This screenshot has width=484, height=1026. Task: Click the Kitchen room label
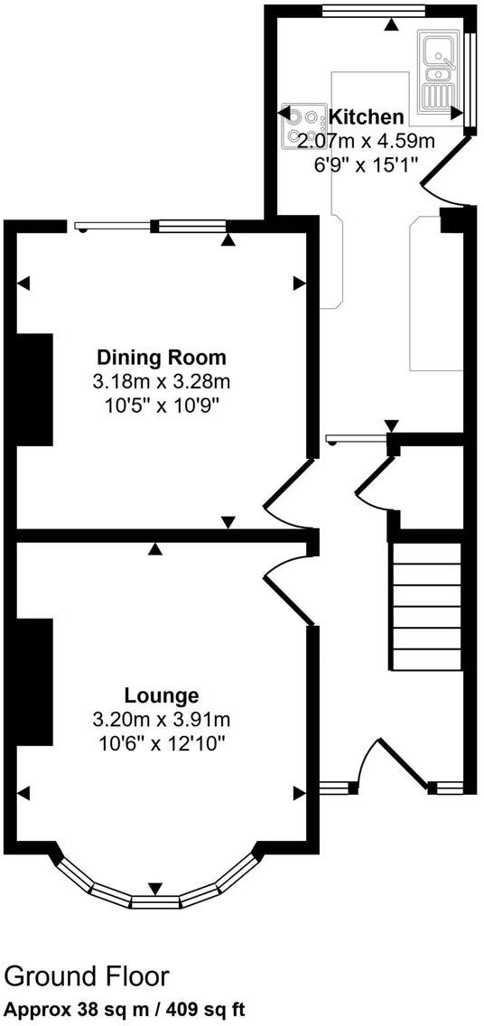click(366, 117)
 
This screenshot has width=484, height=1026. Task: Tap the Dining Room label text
click(162, 356)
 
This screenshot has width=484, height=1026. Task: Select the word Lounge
click(162, 695)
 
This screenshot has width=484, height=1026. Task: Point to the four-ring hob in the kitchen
click(304, 126)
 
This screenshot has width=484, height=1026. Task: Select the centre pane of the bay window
click(155, 900)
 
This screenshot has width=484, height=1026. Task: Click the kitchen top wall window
click(374, 12)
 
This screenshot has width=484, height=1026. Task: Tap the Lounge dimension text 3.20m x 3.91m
click(162, 720)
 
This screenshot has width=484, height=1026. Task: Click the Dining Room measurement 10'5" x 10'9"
click(162, 405)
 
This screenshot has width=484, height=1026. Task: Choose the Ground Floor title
click(87, 976)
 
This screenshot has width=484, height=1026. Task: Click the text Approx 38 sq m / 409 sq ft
click(124, 1008)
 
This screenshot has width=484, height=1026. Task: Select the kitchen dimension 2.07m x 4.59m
click(366, 140)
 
